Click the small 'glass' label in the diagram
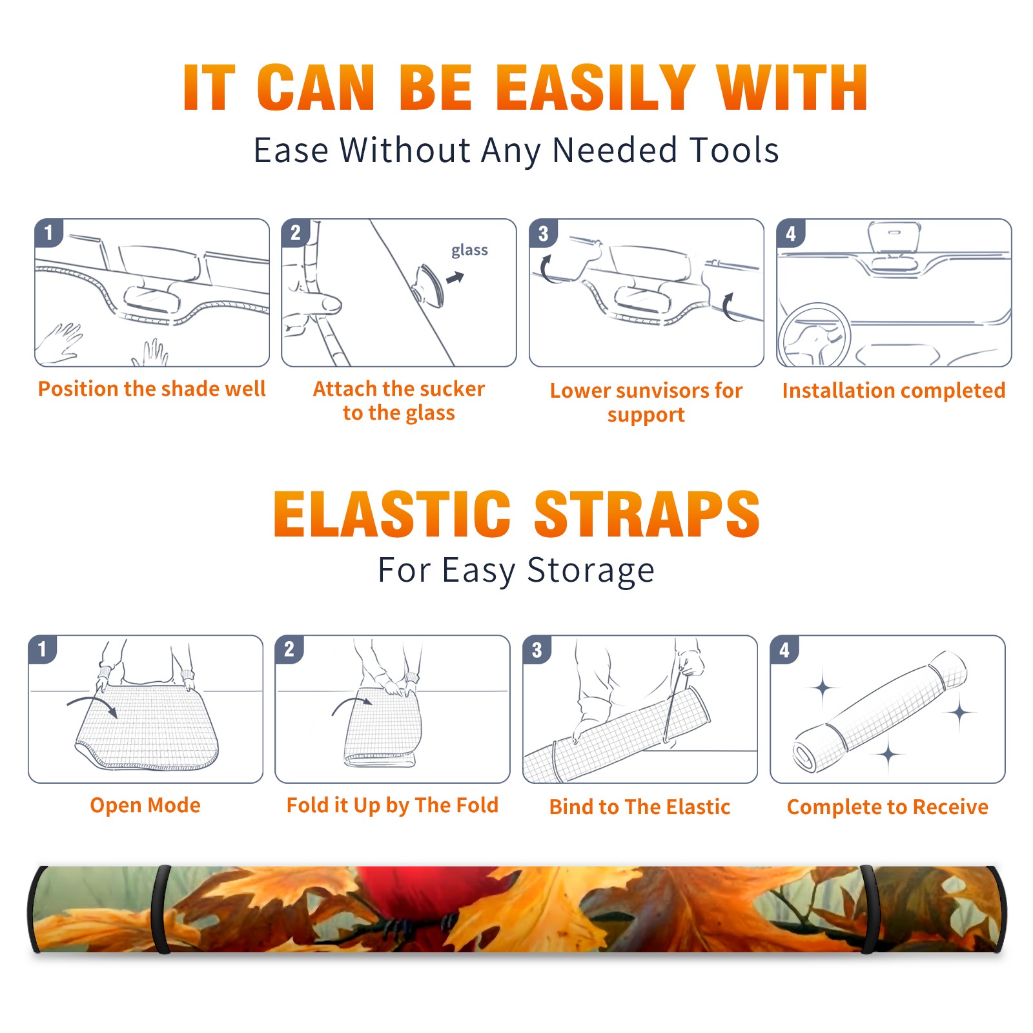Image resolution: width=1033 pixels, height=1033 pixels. [x=469, y=251]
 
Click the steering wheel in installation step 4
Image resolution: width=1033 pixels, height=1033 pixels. [x=815, y=334]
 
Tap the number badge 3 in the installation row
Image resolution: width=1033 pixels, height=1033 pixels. [x=542, y=233]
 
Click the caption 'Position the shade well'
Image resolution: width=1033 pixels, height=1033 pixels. [x=152, y=389]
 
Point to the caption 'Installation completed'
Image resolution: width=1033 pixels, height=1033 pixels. [x=894, y=391]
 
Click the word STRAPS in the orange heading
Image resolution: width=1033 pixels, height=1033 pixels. [x=647, y=514]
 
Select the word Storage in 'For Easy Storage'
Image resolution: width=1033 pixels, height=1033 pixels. [x=591, y=571]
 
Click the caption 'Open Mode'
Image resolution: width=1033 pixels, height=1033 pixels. [x=145, y=805]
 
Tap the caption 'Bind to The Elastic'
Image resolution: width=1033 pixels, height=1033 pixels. [x=640, y=807]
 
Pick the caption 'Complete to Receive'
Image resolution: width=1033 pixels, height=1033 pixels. [x=888, y=807]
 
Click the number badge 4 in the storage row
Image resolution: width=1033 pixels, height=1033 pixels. [x=784, y=649]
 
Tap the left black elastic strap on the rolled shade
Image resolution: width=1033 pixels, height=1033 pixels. [x=161, y=909]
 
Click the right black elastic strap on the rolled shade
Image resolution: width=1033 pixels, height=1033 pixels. [x=868, y=909]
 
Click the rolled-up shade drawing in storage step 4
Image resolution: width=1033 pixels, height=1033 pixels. [x=880, y=712]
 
